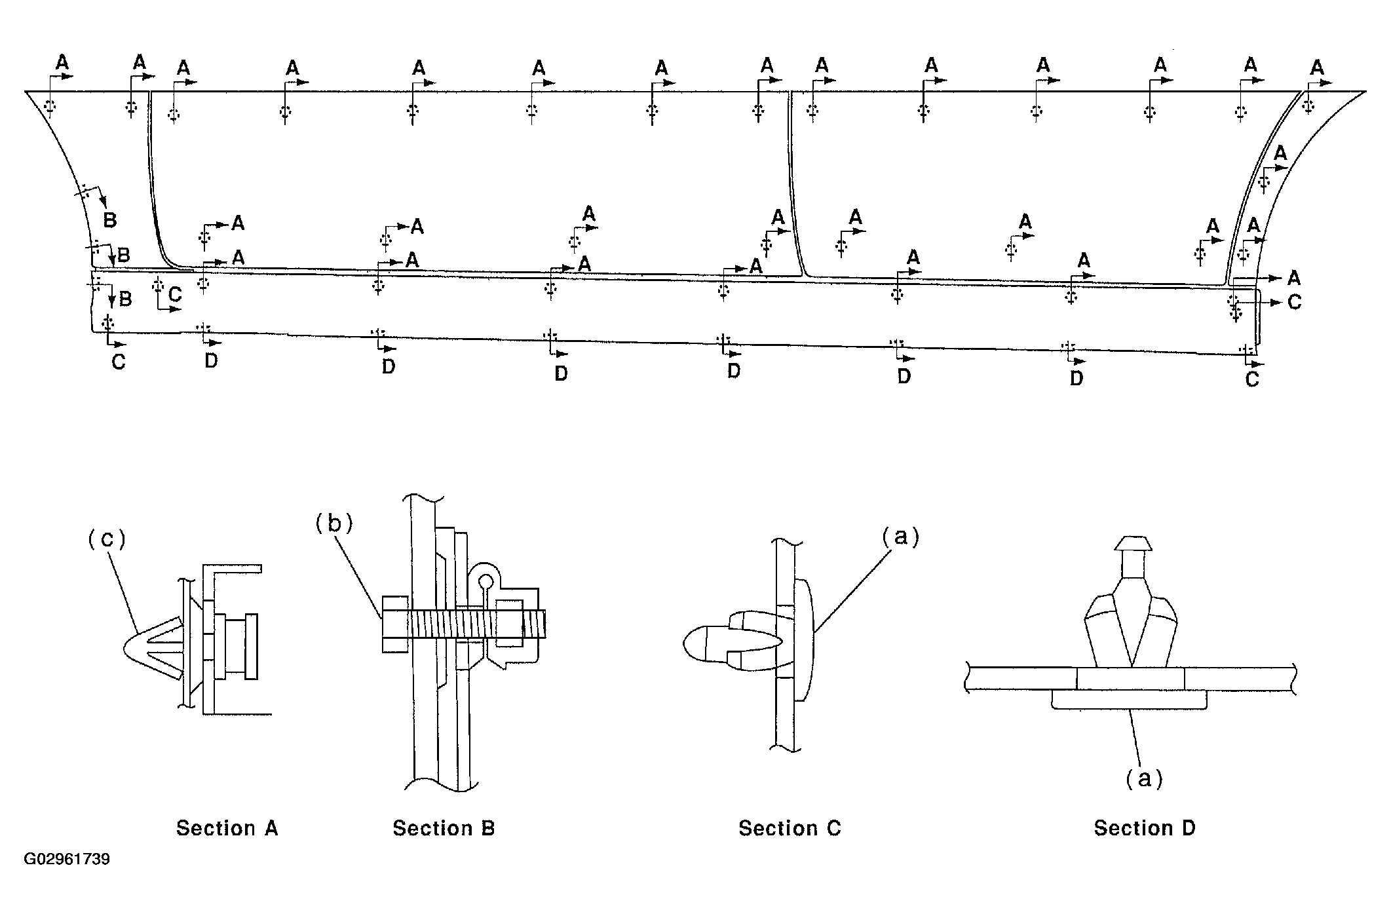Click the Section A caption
click(x=227, y=828)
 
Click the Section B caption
click(x=444, y=828)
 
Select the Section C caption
click(x=790, y=828)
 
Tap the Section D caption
click(x=1145, y=828)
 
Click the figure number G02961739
click(x=67, y=859)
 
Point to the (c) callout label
click(x=106, y=539)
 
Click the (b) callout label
click(x=333, y=522)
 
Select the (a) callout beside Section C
click(x=900, y=537)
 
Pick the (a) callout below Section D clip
click(x=1144, y=778)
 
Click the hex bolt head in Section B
click(x=395, y=624)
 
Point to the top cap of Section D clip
click(x=1134, y=544)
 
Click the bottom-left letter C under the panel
click(x=118, y=362)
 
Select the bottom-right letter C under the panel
click(x=1251, y=379)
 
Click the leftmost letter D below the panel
click(x=211, y=360)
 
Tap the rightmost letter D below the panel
click(x=1077, y=378)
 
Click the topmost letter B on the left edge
click(x=110, y=220)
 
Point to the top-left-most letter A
click(x=62, y=63)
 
